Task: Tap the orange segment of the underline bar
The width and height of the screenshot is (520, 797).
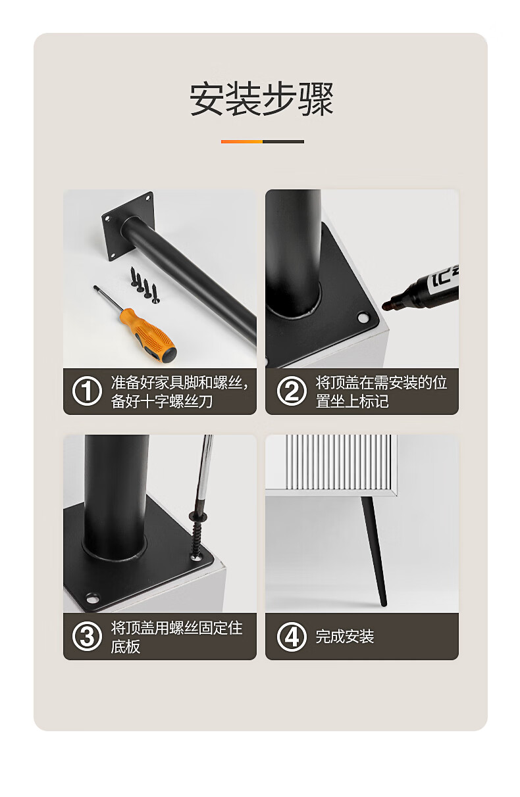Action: [242, 141]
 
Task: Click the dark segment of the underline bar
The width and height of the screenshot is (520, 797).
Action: [283, 141]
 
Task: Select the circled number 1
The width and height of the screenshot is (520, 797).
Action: [87, 391]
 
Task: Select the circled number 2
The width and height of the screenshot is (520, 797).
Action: [292, 391]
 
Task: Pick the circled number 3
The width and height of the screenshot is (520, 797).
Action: [87, 636]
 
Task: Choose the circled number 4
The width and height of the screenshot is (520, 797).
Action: [292, 636]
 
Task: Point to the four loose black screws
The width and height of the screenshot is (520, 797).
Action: [145, 285]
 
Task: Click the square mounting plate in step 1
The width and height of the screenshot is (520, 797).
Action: [128, 227]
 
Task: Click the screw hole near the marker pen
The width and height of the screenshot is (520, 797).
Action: [363, 317]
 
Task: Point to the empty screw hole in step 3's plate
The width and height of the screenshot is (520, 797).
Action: [92, 598]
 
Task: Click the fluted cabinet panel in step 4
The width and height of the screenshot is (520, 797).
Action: [341, 462]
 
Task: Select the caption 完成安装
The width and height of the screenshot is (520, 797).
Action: [344, 636]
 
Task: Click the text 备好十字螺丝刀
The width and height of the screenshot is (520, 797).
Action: [161, 401]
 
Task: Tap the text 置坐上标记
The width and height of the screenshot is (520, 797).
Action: [352, 401]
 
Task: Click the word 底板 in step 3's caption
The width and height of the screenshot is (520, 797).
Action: [125, 646]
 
